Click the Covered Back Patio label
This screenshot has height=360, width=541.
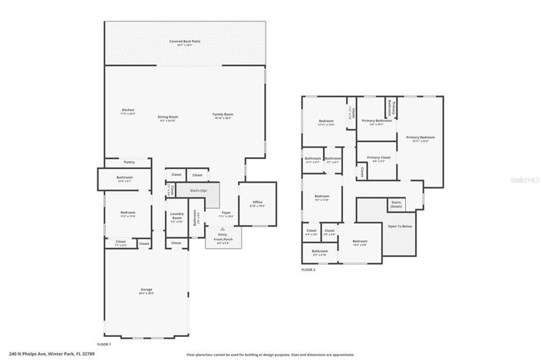tap(185, 42)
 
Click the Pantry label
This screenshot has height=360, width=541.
tap(129, 163)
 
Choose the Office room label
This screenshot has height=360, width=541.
tap(257, 203)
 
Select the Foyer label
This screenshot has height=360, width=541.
tap(226, 213)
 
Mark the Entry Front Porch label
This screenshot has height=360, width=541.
tap(222, 239)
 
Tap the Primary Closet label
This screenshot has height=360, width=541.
tap(378, 159)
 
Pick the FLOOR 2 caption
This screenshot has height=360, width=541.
tap(308, 269)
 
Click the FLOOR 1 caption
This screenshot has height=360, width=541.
tap(104, 344)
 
